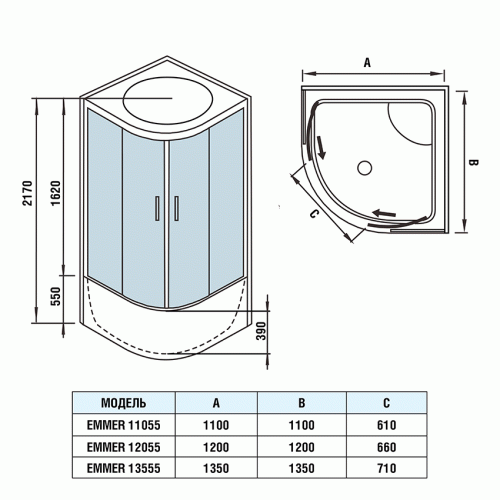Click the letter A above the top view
tap(367, 62)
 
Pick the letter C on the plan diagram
tap(313, 214)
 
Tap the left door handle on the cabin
tap(157, 208)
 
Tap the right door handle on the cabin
tap(176, 208)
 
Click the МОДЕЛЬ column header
tap(125, 404)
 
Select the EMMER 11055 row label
tap(126, 424)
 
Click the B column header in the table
tap(301, 404)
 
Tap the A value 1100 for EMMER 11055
tap(216, 424)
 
